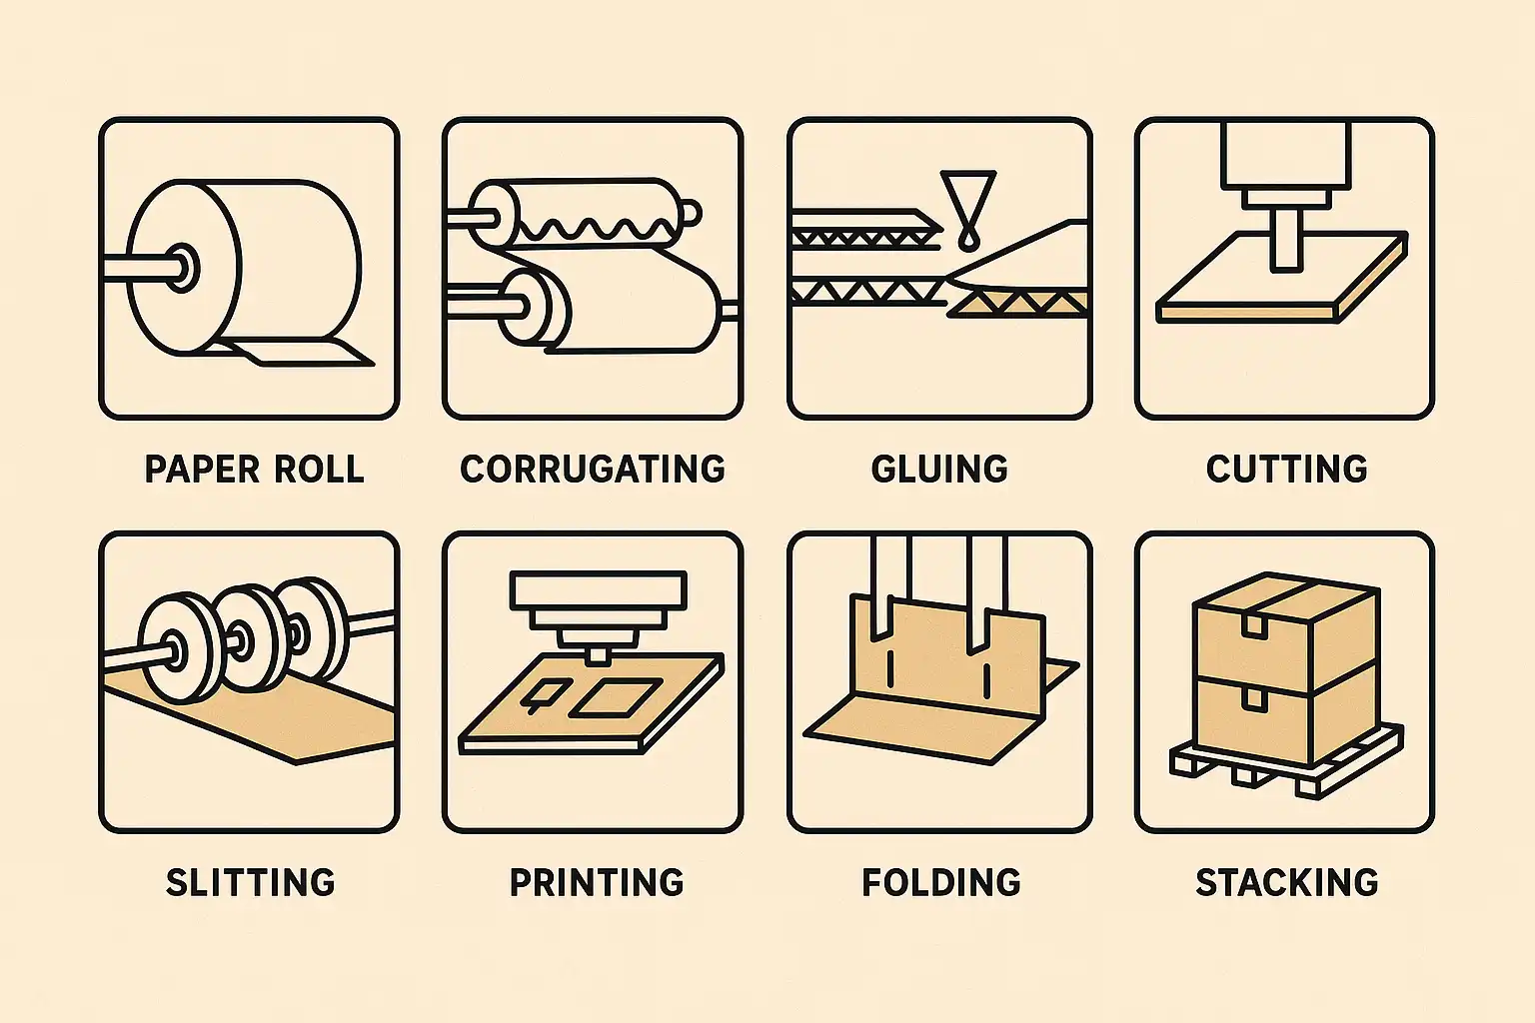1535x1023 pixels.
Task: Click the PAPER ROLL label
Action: pos(254,470)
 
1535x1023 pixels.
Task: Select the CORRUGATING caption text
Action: pos(593,470)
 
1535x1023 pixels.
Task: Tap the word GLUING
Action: pos(939,470)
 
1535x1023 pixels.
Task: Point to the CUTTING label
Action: pos(1287,470)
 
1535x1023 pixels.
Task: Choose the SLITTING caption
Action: pos(251,882)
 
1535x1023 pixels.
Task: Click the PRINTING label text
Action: pos(597,882)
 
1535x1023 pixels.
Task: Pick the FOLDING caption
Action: pos(941,882)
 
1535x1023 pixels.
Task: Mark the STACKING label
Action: pos(1287,882)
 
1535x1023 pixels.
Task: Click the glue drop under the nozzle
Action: pos(968,240)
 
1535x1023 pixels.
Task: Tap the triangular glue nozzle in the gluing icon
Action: pos(968,195)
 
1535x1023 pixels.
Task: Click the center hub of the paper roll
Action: pos(182,267)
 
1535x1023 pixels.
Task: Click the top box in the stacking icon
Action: pos(1286,630)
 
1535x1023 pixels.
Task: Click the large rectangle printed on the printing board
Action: pos(618,697)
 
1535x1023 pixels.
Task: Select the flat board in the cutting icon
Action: pos(1280,278)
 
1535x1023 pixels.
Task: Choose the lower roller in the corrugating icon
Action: pos(610,302)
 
